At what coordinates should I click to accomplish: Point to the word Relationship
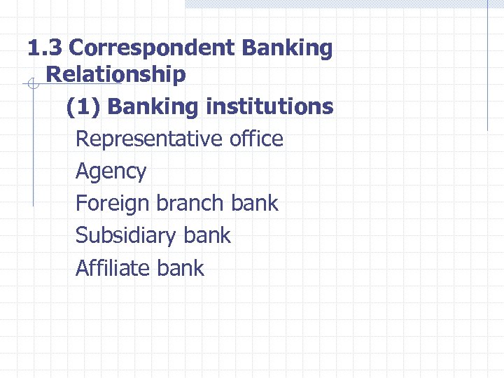point(115,74)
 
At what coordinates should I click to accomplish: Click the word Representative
point(149,139)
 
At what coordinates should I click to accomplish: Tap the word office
point(256,139)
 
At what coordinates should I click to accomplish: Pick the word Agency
point(111,171)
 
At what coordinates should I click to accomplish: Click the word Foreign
point(112,204)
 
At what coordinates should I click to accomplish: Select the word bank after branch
point(254,204)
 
